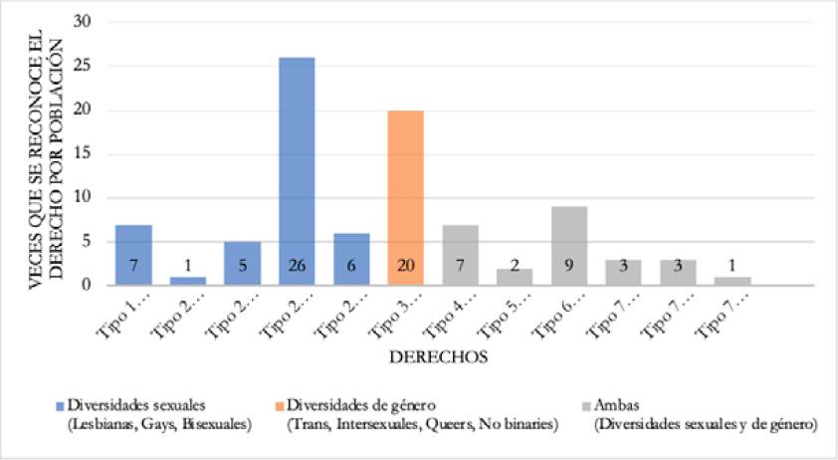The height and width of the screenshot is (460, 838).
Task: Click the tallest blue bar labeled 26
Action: [x=297, y=169]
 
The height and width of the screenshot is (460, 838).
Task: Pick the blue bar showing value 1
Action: [x=188, y=281]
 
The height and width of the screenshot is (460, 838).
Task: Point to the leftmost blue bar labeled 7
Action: [x=133, y=255]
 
